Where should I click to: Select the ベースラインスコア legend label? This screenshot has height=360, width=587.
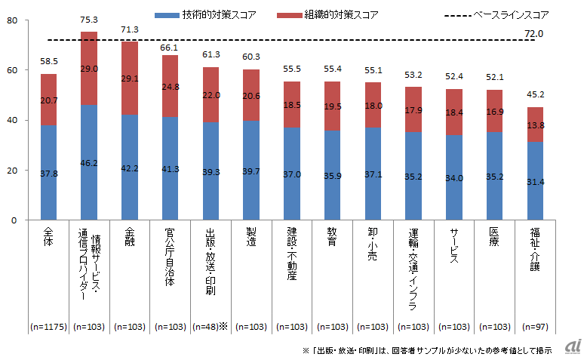pos(511,14)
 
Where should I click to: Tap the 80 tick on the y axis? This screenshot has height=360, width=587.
pos(11,20)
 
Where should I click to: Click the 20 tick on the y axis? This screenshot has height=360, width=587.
pos(11,171)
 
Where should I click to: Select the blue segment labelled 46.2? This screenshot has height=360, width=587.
pos(90,162)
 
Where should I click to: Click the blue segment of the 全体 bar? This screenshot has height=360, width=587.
pos(49,172)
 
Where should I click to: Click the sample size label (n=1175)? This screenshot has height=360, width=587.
pos(49,327)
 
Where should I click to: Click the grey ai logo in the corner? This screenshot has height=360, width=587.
pos(573,345)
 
